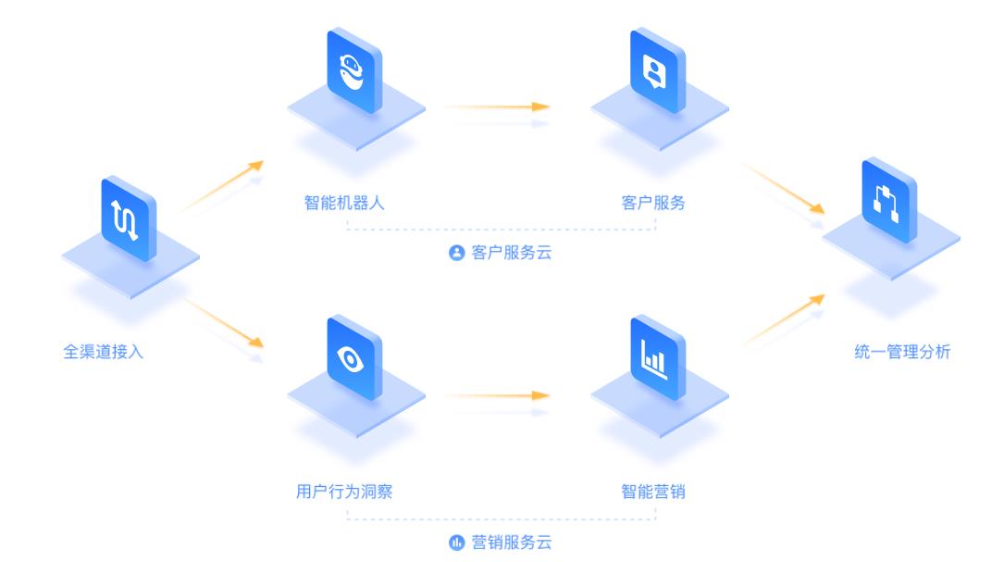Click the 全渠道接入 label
tap(104, 352)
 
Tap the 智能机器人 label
tap(343, 203)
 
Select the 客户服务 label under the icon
tap(653, 203)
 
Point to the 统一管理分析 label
tap(901, 352)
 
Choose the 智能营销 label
tap(653, 492)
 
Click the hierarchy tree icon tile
tap(889, 202)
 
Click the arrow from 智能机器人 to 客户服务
tap(496, 106)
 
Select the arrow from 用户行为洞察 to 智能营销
tap(496, 395)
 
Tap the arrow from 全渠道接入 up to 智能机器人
tap(222, 186)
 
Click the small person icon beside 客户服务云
tap(455, 252)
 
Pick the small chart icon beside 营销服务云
tap(455, 543)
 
